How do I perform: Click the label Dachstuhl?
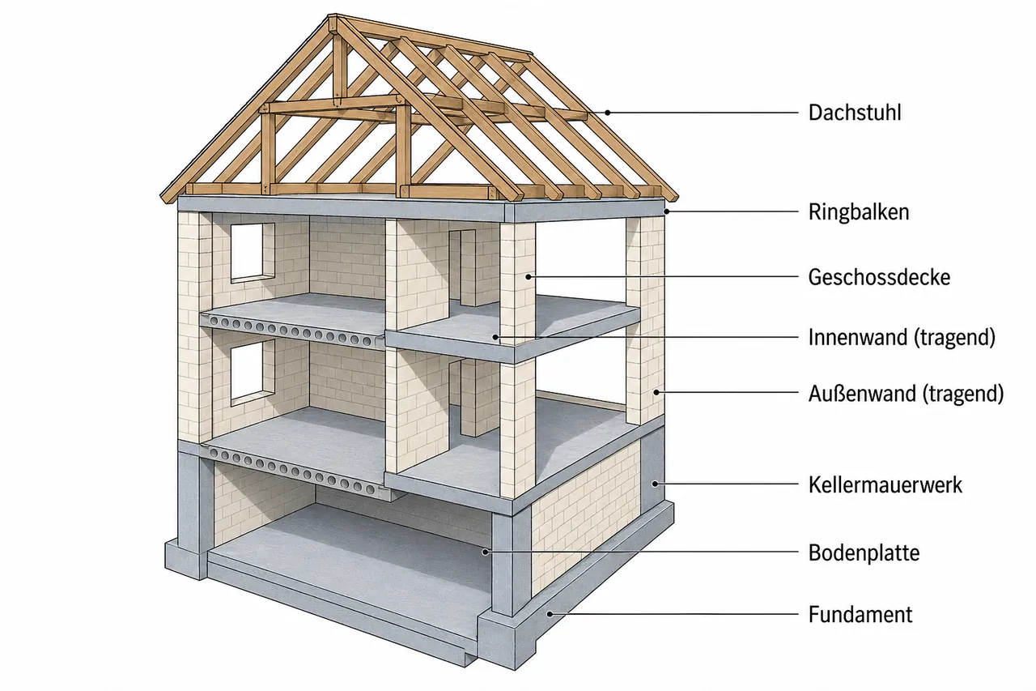[x=855, y=113]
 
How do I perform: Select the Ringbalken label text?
[x=859, y=212]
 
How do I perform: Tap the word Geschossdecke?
[x=879, y=277]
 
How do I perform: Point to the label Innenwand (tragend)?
[x=902, y=338]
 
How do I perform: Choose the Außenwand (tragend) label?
[x=906, y=394]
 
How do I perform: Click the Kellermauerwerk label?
[x=885, y=484]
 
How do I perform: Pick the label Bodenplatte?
[x=864, y=552]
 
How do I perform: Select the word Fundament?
[x=860, y=615]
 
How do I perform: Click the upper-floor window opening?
[x=247, y=252]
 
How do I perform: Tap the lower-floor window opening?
[x=247, y=370]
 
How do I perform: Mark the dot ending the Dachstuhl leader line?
[x=608, y=113]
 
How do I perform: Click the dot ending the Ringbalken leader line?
[x=667, y=211]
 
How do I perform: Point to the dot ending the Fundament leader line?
[x=550, y=614]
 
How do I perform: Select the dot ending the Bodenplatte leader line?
[x=485, y=552]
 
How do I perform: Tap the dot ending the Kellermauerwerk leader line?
[x=656, y=484]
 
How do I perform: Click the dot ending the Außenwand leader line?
[x=656, y=392]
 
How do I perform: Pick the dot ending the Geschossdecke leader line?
[x=529, y=277]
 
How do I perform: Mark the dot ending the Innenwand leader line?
[x=495, y=338]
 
